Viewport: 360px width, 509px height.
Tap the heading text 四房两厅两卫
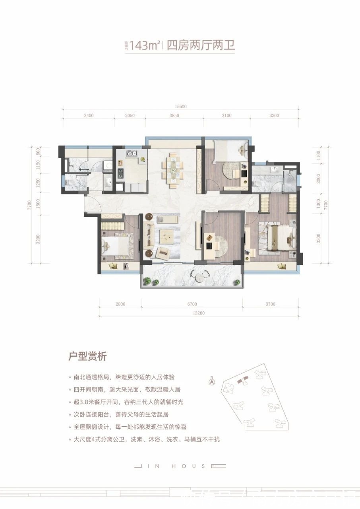[201, 46]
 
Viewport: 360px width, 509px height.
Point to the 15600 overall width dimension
[180, 107]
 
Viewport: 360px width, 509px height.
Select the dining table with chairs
[173, 170]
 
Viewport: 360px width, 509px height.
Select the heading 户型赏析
[88, 356]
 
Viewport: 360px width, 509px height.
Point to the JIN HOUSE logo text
[180, 466]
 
